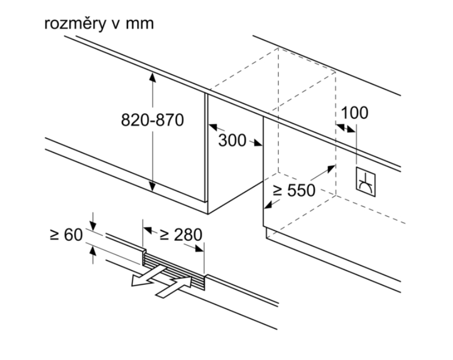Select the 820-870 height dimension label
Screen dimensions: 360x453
pos(152,120)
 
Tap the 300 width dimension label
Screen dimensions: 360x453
pos(232,140)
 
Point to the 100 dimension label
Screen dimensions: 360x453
pos(354,113)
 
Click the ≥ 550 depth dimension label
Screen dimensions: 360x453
pos(294,190)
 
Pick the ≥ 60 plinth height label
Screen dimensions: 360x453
pos(65,235)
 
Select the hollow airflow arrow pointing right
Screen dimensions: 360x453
pos(175,287)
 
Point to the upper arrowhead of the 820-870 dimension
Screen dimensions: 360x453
pos(153,76)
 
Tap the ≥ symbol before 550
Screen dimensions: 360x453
pos(277,190)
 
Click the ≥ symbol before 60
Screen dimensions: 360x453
pos(54,235)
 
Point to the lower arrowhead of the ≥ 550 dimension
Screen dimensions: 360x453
pos(267,205)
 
